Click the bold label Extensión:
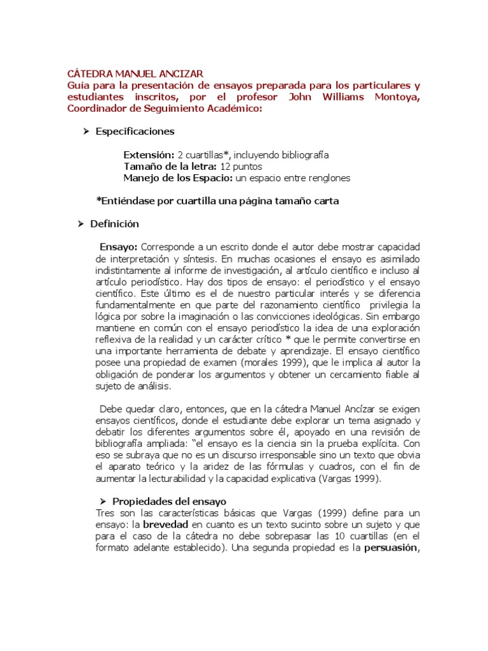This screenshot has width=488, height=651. [x=149, y=155]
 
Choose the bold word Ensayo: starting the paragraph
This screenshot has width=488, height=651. [x=119, y=247]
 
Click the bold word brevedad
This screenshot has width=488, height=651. [x=166, y=524]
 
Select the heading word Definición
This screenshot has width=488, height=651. [x=114, y=224]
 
